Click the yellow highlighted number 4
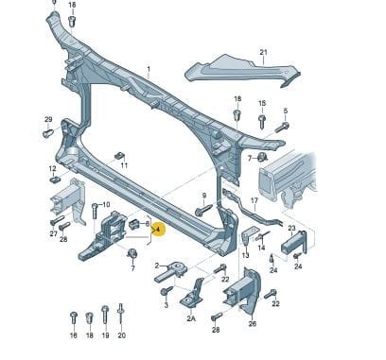click(158, 230)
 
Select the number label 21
click(263, 52)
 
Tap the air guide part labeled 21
click(242, 71)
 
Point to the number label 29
click(48, 119)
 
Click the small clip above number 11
click(119, 156)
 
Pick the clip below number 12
click(55, 180)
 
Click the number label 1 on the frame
click(149, 69)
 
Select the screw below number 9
click(203, 210)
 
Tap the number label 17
click(254, 200)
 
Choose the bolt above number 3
click(167, 290)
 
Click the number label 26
click(253, 323)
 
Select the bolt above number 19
click(105, 314)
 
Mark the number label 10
click(106, 205)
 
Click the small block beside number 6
click(134, 224)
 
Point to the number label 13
click(245, 255)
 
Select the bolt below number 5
click(282, 128)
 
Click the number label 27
click(53, 233)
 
